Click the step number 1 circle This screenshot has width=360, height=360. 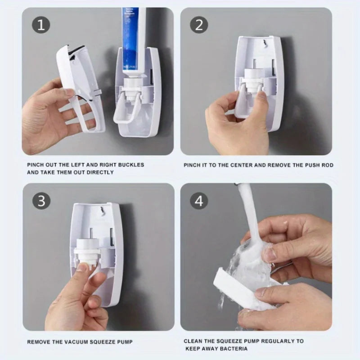[41, 25]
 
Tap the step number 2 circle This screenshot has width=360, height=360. [199, 25]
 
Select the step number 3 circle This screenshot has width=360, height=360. [41, 201]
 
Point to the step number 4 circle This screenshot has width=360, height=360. [199, 201]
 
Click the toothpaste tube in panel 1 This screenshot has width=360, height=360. [134, 40]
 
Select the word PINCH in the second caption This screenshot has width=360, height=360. [193, 165]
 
